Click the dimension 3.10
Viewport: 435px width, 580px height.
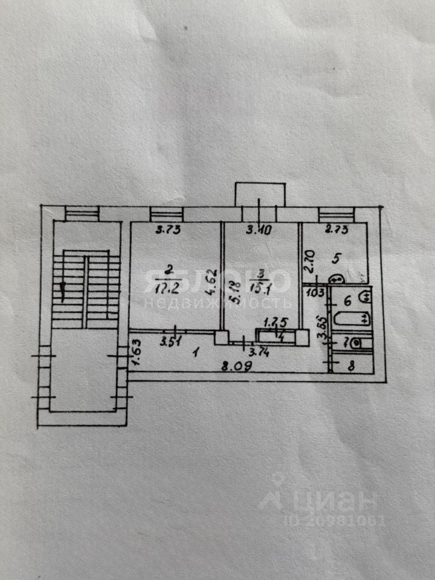pyautogui.click(x=258, y=229)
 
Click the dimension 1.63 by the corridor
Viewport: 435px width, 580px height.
pyautogui.click(x=136, y=353)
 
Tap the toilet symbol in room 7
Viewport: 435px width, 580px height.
pyautogui.click(x=357, y=343)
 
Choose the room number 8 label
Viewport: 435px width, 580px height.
pyautogui.click(x=352, y=364)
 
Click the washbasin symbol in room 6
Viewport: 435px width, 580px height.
pyautogui.click(x=365, y=297)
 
